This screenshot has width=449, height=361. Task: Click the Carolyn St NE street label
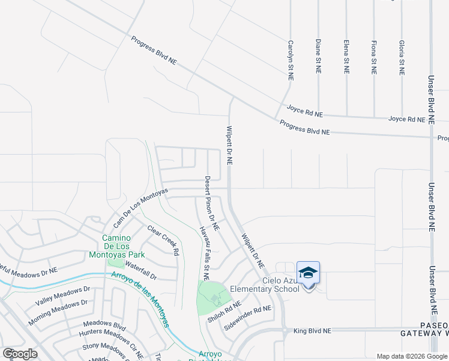(x=291, y=61)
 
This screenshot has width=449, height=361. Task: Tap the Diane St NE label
(x=318, y=57)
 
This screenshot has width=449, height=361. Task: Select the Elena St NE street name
(x=346, y=57)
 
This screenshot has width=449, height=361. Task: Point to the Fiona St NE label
(x=374, y=57)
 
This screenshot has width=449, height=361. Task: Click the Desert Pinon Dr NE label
(x=212, y=203)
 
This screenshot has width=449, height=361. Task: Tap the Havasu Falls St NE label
(x=205, y=253)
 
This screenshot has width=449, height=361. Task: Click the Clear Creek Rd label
(x=164, y=240)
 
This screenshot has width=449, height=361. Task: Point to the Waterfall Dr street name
(x=140, y=272)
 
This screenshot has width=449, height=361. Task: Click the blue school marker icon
(x=308, y=273)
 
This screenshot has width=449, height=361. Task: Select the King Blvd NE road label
(x=312, y=331)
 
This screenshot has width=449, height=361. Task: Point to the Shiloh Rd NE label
(x=220, y=313)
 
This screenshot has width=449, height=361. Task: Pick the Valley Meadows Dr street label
(x=62, y=295)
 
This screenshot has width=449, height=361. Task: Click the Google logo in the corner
(x=20, y=353)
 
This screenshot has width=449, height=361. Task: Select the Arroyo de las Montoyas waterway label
(x=139, y=297)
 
